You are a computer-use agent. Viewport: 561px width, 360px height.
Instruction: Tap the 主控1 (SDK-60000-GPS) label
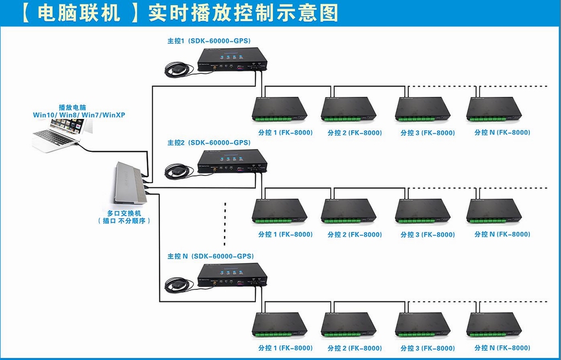coord(209,41)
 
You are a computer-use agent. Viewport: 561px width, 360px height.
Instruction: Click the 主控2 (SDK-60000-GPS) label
coord(209,142)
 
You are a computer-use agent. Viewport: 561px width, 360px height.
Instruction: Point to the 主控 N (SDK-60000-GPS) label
coord(210,256)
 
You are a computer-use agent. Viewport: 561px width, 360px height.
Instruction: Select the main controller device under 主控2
coord(232,162)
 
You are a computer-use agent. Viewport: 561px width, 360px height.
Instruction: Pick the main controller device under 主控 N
coord(232,275)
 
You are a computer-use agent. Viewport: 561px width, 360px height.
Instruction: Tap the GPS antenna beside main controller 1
coord(178,70)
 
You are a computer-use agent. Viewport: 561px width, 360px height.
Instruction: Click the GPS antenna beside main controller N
coord(178,285)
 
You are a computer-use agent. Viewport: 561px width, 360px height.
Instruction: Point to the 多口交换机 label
coord(124,213)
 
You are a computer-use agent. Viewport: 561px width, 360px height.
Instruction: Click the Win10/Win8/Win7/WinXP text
coord(79,115)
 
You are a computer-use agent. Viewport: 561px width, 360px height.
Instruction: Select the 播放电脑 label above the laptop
coord(72,107)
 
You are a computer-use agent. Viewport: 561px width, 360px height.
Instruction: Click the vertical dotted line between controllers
coord(225,224)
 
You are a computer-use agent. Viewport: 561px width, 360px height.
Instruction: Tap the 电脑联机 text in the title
coord(79,14)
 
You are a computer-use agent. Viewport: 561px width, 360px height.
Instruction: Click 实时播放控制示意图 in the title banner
coord(243,14)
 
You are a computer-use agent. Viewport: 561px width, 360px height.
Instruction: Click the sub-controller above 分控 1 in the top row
coord(279,109)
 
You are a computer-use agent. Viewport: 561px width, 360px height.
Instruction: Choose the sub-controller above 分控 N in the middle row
coord(494,211)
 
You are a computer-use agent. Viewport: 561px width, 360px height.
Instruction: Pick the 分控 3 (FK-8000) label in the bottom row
coord(427,348)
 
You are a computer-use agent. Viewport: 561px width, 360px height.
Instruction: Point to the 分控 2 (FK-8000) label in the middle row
coord(354,235)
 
